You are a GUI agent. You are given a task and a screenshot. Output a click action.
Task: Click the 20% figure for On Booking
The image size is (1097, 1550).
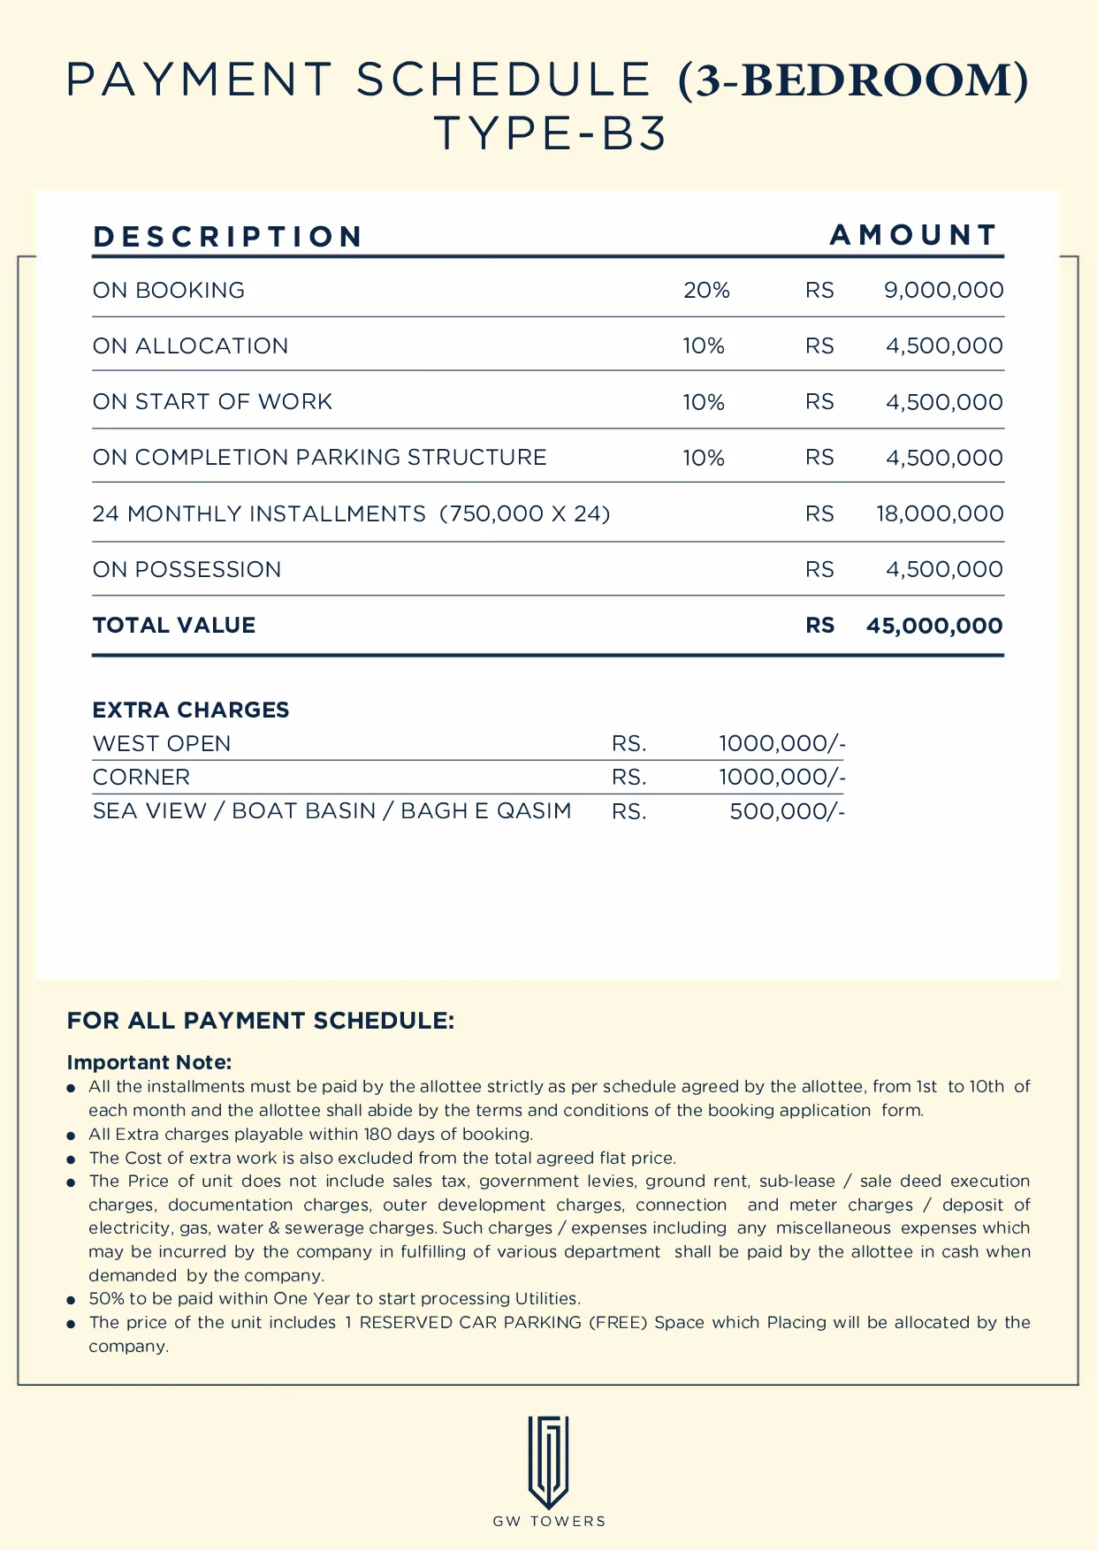tap(706, 290)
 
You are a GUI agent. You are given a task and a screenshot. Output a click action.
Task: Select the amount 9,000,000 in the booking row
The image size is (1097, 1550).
tap(943, 290)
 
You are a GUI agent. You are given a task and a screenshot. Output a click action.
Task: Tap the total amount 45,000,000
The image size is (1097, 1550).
tap(933, 626)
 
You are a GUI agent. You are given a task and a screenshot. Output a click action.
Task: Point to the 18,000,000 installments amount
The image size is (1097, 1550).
tap(940, 513)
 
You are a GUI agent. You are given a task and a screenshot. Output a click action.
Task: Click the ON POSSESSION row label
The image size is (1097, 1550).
tap(187, 569)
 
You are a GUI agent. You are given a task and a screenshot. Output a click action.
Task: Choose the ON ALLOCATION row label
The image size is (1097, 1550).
tap(190, 346)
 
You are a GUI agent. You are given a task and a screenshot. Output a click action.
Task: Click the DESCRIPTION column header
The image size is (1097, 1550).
tap(228, 237)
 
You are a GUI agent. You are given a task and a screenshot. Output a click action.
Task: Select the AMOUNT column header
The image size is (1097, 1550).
tap(913, 235)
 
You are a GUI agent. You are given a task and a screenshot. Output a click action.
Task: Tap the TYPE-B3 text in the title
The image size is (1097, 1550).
tap(550, 134)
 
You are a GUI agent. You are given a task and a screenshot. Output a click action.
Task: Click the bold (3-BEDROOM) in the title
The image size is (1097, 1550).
tap(853, 80)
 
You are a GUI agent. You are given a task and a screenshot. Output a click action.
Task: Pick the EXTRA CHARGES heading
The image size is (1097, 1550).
tap(191, 710)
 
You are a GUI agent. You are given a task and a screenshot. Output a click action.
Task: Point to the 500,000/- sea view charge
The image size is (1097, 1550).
tap(787, 811)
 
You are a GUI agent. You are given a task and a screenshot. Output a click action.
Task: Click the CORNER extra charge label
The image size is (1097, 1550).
tap(141, 777)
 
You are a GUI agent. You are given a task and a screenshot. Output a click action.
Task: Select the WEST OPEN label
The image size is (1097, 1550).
tap(162, 743)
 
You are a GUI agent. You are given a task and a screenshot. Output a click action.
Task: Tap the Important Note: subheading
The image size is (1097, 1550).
tap(149, 1062)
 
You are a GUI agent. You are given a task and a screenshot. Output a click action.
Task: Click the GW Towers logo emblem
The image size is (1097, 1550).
tap(548, 1462)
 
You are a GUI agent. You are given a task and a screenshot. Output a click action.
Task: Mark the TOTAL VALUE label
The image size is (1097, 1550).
tap(174, 625)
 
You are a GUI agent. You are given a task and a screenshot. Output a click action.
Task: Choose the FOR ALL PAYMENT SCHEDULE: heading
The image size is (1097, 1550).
tap(261, 1021)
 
